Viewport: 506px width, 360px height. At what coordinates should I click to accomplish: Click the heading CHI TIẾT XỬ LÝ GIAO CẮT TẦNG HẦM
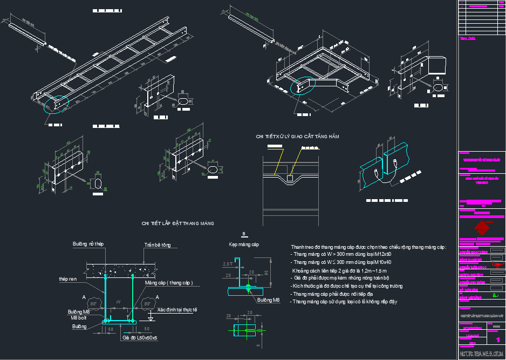298,137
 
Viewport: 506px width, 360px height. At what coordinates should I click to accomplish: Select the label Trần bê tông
158,245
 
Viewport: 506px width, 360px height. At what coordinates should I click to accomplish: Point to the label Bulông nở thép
88,244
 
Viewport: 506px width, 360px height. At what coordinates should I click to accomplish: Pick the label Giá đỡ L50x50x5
140,337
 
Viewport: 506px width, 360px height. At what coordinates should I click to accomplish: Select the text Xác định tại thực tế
177,310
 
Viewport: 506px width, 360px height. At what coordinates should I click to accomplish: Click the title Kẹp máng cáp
244,244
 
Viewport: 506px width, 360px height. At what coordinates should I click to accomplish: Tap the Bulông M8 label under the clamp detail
268,300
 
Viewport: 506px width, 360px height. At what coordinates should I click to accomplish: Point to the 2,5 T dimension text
228,263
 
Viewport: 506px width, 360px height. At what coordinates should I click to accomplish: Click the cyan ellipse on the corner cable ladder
302,86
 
